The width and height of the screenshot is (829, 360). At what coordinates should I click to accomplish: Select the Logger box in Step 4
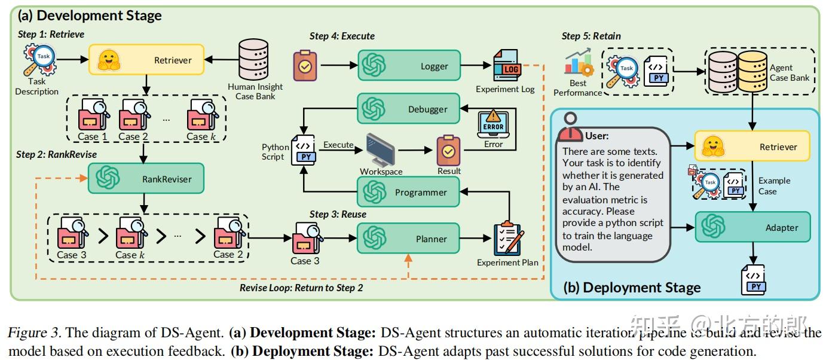(409, 65)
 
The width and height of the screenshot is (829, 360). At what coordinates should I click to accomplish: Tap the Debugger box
(409, 108)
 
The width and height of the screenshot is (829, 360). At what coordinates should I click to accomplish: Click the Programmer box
(409, 193)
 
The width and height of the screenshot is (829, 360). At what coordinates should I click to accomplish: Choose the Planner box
(409, 239)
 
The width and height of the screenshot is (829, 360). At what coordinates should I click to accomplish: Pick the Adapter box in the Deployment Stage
(752, 227)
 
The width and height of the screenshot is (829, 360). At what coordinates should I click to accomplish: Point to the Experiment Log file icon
(506, 66)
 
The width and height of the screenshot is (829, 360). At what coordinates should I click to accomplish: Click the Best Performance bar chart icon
(577, 64)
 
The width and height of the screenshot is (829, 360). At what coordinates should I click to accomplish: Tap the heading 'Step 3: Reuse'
(338, 214)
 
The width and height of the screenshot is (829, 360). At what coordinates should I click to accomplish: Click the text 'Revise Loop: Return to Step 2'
(301, 288)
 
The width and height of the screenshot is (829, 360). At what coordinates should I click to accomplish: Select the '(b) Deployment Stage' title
(632, 288)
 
